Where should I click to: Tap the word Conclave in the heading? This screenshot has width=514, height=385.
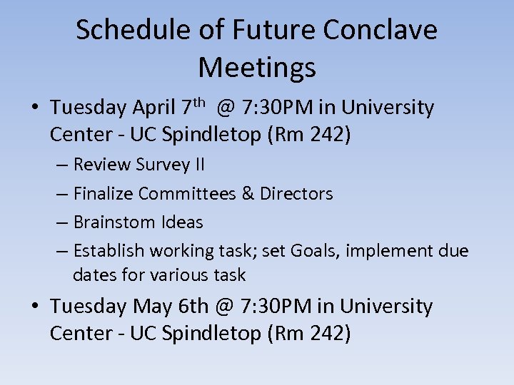tap(380, 30)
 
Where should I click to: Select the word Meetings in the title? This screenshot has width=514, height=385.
tap(257, 68)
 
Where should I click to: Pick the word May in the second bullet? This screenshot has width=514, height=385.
tap(151, 307)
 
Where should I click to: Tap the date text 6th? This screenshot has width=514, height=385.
tap(193, 307)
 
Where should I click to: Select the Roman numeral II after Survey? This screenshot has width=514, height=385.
tap(198, 165)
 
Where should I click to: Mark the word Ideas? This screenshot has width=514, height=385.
tap(183, 222)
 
